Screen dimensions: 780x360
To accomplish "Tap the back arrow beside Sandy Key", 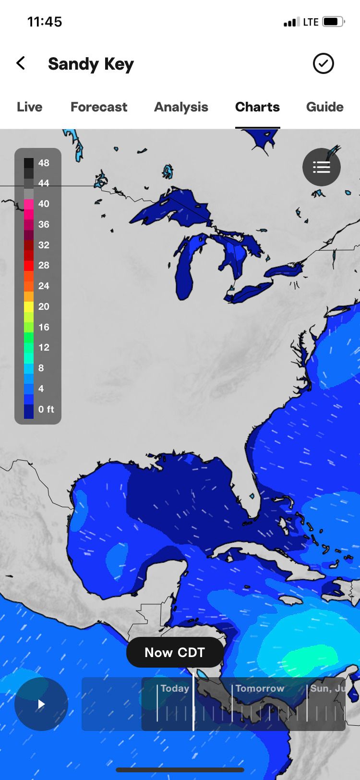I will (21, 63).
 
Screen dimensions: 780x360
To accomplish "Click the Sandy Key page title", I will (91, 64).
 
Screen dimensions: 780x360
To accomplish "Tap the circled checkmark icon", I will (323, 63).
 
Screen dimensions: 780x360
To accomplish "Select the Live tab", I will (29, 107).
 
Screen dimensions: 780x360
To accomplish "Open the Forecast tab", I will (99, 107).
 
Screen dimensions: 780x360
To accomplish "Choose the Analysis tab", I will (181, 107).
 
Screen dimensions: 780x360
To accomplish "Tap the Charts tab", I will (257, 107).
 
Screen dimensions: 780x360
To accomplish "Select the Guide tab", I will (324, 107).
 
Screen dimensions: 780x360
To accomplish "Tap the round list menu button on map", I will (321, 167).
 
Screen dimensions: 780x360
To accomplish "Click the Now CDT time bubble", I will (175, 652).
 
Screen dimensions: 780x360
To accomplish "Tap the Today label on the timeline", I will (175, 688).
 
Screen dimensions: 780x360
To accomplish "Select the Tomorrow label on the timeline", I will (260, 688).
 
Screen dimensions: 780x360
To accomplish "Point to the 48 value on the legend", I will (44, 163).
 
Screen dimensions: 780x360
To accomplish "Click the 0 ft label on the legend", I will (46, 409).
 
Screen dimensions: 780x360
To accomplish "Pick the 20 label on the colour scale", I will (44, 306).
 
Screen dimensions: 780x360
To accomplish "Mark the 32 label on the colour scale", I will (44, 245).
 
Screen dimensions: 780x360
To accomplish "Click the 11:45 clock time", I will (45, 22).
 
